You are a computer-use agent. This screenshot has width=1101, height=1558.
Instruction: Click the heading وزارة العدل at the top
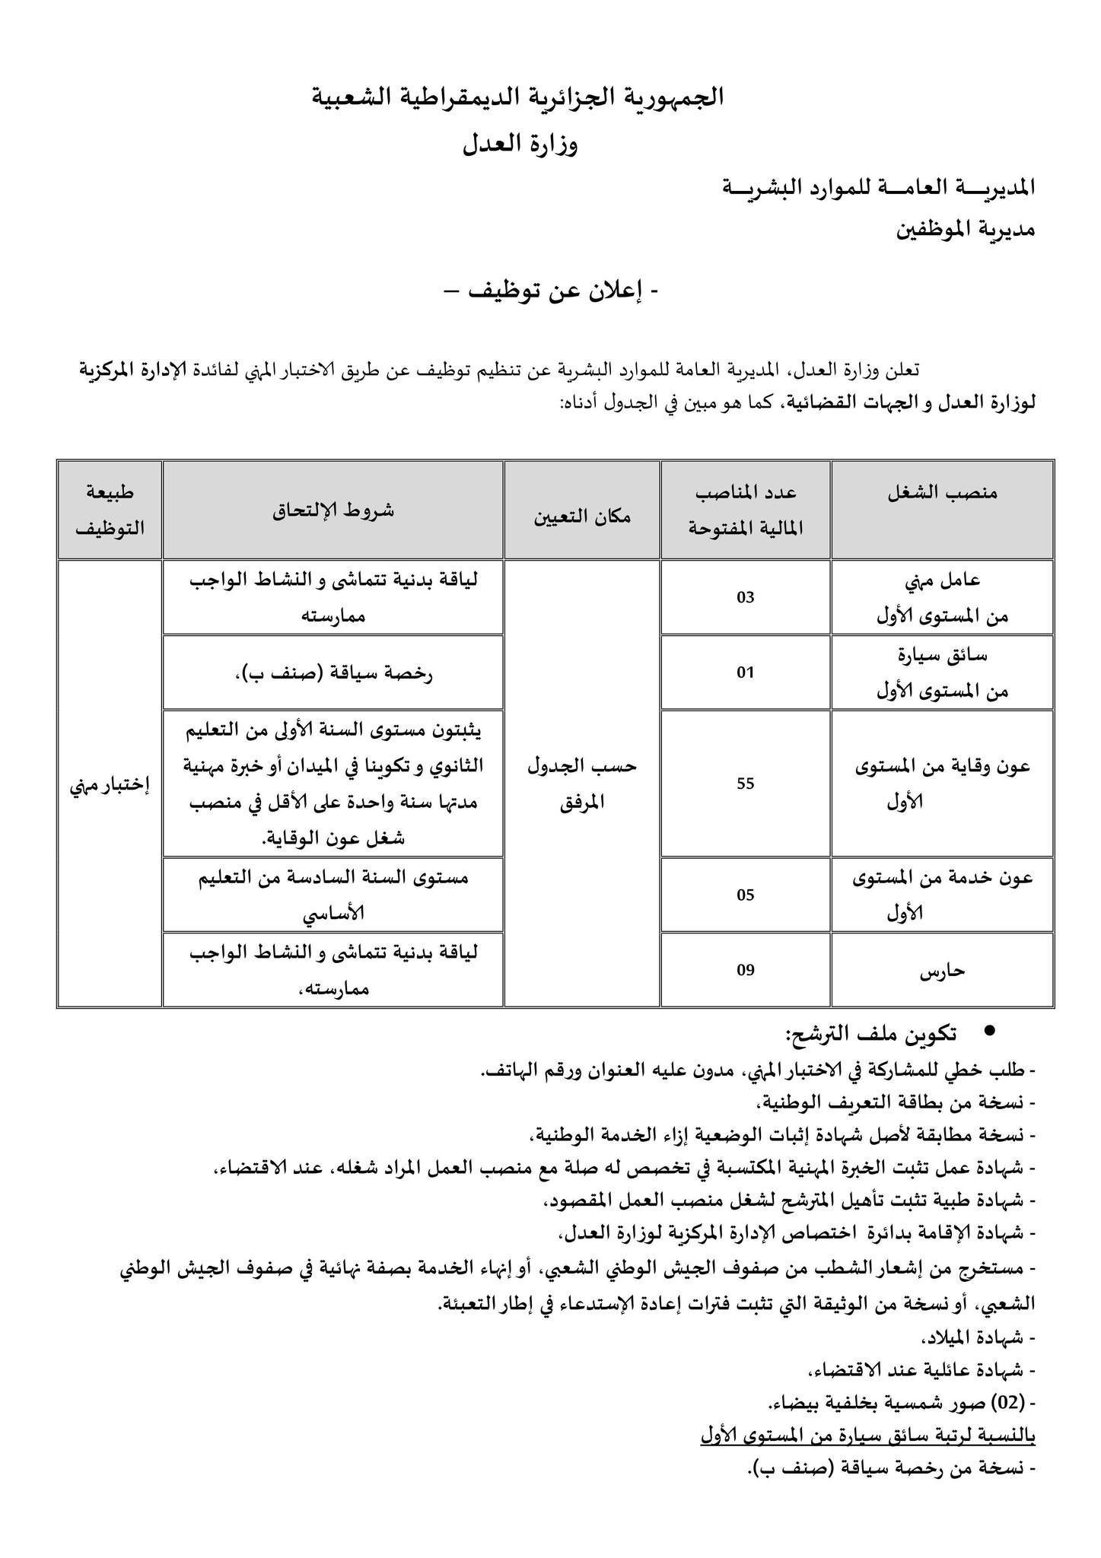[x=520, y=144]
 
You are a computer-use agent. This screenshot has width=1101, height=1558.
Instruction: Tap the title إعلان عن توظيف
[x=552, y=291]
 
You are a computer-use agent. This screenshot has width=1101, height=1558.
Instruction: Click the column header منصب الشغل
[x=942, y=494]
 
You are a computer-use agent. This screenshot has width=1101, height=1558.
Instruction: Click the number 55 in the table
[x=745, y=784]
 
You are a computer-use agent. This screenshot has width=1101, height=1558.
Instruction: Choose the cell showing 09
[x=745, y=970]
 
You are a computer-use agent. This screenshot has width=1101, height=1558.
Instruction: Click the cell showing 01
[x=745, y=672]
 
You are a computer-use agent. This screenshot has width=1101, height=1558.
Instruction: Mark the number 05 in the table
[x=745, y=895]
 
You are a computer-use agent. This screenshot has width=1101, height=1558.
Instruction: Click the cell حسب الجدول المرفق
[x=581, y=784]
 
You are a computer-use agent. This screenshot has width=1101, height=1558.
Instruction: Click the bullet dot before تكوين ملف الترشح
[x=989, y=1030]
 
